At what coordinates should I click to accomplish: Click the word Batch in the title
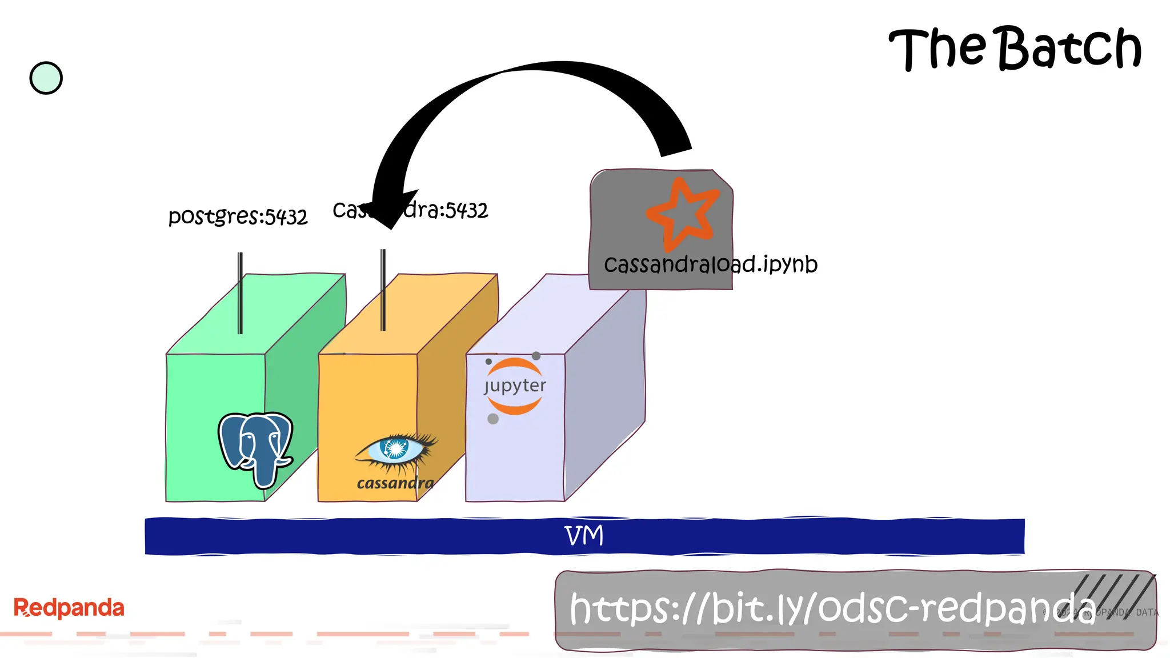[1069, 48]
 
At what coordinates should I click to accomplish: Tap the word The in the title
[937, 49]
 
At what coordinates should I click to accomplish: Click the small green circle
[46, 78]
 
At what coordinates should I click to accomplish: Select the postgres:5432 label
[238, 216]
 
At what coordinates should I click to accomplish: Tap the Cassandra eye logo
[395, 450]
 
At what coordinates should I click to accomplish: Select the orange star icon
[682, 215]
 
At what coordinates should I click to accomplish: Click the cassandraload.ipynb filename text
[711, 264]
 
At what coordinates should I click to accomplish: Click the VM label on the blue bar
[584, 536]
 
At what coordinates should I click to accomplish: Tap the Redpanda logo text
[69, 608]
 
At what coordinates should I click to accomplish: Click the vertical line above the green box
[241, 292]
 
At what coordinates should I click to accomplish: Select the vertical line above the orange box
[383, 290]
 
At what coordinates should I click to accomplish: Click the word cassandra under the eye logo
[395, 483]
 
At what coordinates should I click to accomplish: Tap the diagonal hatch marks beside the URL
[1114, 592]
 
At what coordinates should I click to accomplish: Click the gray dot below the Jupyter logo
[493, 419]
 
